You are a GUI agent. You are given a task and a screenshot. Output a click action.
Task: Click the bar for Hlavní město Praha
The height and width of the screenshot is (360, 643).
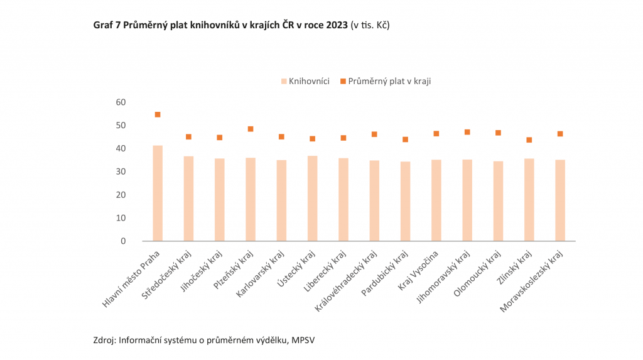(158, 193)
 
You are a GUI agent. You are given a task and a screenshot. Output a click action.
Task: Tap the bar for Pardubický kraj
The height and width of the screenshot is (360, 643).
(405, 201)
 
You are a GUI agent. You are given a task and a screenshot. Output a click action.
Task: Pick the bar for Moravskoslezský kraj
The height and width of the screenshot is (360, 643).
(560, 200)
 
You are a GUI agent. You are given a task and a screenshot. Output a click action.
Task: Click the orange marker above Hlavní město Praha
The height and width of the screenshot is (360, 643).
(158, 114)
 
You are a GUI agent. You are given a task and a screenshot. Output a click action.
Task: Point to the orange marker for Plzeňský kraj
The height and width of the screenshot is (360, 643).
(251, 129)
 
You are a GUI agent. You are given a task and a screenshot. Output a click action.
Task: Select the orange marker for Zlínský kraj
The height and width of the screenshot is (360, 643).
(529, 139)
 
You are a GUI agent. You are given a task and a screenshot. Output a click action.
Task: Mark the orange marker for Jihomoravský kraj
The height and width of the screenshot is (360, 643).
(467, 132)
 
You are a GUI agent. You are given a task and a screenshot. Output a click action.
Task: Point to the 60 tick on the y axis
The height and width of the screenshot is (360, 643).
(121, 102)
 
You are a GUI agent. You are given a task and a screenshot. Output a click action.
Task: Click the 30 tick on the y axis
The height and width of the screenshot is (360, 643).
(121, 172)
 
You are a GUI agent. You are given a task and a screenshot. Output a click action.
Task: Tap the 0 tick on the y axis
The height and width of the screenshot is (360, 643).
(124, 241)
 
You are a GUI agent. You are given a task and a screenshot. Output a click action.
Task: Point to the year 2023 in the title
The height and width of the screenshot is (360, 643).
(337, 25)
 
